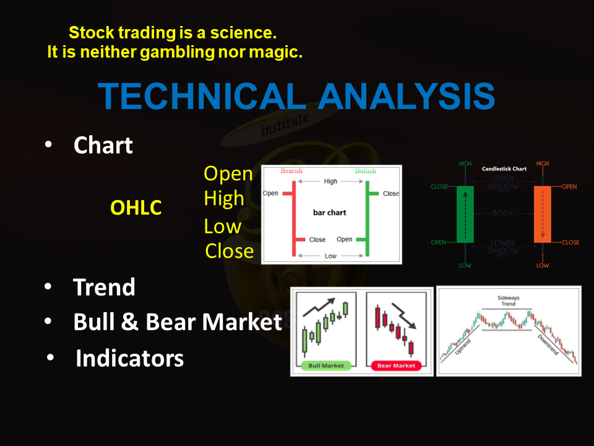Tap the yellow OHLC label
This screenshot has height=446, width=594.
coord(136,208)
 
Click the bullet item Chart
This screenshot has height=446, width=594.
coord(103,146)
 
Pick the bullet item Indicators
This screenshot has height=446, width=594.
coord(129,358)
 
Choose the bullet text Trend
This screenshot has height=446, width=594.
coord(104,287)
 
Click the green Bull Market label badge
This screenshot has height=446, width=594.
coord(326,365)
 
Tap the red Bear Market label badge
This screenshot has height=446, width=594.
coord(396,365)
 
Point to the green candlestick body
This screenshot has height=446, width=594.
coord(465,214)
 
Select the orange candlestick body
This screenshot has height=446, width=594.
coord(542,214)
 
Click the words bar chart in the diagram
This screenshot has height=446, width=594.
coord(330,212)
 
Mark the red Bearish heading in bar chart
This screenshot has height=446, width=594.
coord(291,171)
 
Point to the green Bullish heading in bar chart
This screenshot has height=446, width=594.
coord(365,171)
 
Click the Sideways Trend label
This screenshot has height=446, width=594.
coord(509,301)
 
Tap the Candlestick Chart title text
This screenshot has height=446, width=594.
coord(504,168)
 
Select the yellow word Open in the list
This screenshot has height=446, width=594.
coord(228,174)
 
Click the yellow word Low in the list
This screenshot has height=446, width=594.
coord(222,226)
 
